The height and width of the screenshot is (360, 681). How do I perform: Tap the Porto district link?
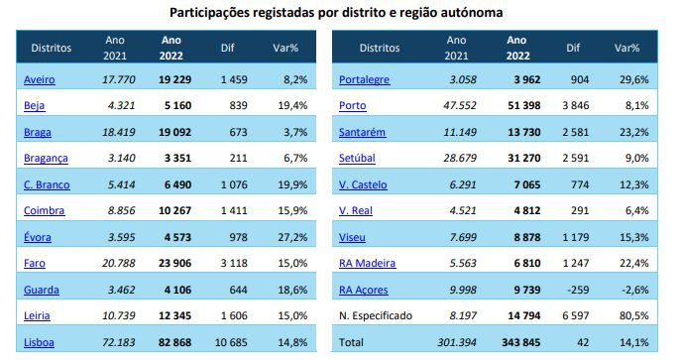(x=354, y=105)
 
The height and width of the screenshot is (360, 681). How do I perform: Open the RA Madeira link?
(x=367, y=264)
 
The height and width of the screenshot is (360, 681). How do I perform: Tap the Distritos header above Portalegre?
(x=379, y=47)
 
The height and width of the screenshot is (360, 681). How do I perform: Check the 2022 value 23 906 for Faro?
(x=171, y=264)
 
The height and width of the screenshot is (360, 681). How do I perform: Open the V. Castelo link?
(x=363, y=184)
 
